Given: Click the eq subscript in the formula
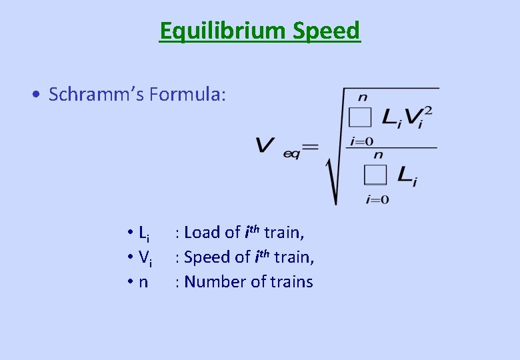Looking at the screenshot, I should click(x=292, y=153).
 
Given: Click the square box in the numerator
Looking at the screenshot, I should click(x=360, y=118).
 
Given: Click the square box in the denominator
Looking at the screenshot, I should click(x=375, y=175).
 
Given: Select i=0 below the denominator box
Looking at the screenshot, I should click(x=377, y=199).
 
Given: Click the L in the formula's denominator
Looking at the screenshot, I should click(x=404, y=175).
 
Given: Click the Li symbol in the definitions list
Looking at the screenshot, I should click(x=144, y=233).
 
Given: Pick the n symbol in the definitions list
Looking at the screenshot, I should click(x=143, y=283).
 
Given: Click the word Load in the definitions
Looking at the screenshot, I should click(x=203, y=233).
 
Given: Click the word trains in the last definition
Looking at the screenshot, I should click(x=291, y=282).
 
